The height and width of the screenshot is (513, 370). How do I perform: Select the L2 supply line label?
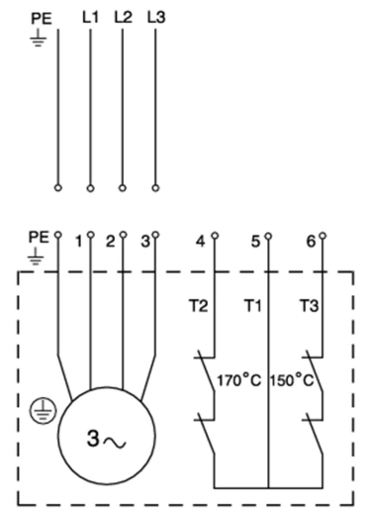coord(123,17)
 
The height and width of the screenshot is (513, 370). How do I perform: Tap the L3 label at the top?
coord(155,17)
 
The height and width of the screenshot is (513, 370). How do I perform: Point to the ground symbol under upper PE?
coord(39,40)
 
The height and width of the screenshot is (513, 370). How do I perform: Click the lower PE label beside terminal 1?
coord(39,239)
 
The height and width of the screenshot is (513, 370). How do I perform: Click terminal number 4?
coord(202,242)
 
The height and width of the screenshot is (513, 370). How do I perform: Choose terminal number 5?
coord(255,242)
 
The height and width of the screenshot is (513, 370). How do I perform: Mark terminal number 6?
coord(310,242)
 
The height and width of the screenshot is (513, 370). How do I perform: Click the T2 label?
coord(199,307)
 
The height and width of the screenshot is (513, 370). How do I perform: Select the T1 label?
coord(252,307)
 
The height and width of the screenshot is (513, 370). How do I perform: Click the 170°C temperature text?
coord(238,379)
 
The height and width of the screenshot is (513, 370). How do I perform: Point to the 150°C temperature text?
coord(292,379)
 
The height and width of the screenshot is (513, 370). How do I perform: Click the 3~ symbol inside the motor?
coord(104,437)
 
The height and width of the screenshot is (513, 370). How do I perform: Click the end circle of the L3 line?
coord(156,186)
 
